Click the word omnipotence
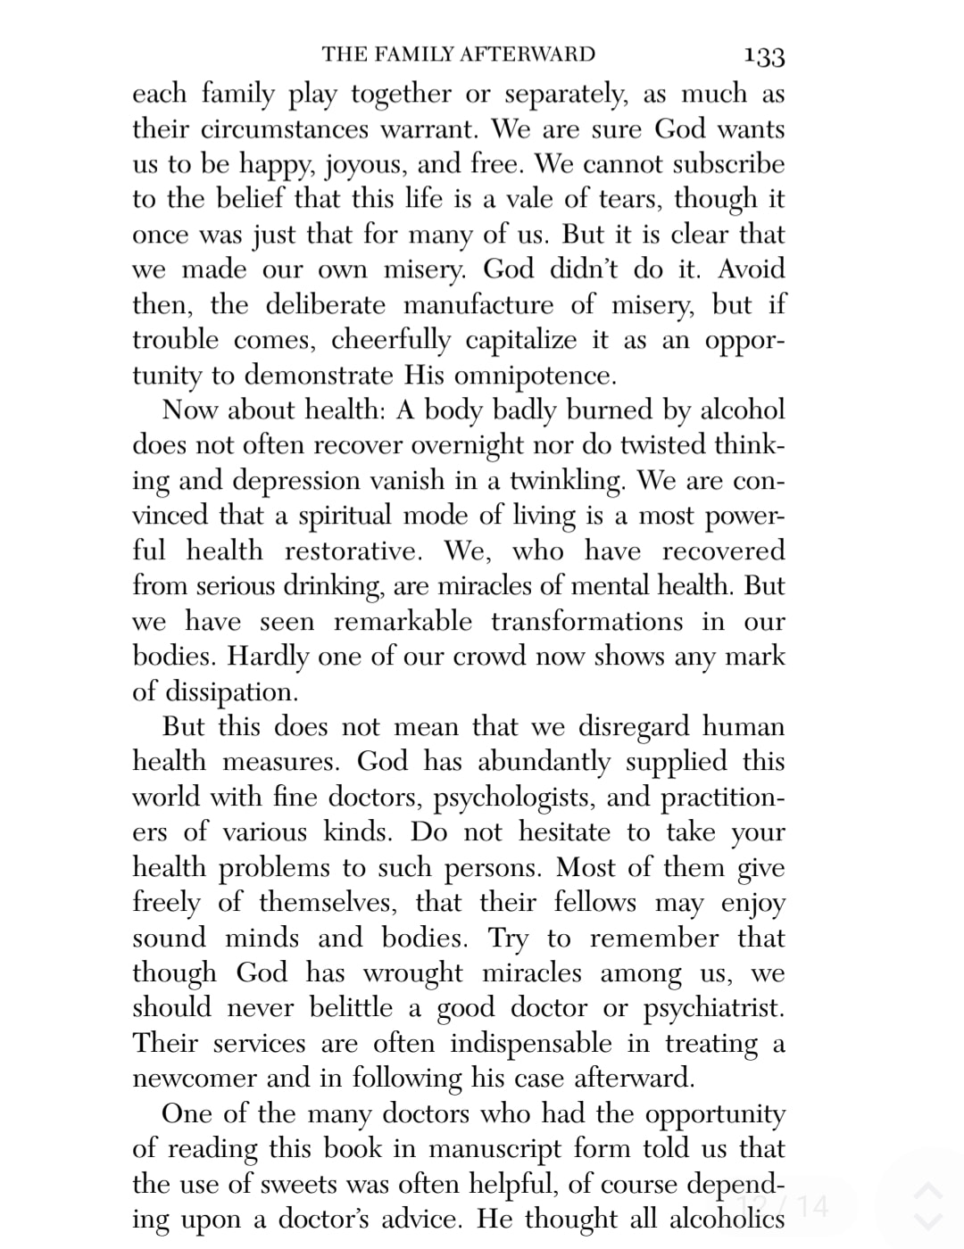click(x=534, y=375)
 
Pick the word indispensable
click(x=531, y=1044)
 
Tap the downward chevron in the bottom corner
click(x=928, y=1221)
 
